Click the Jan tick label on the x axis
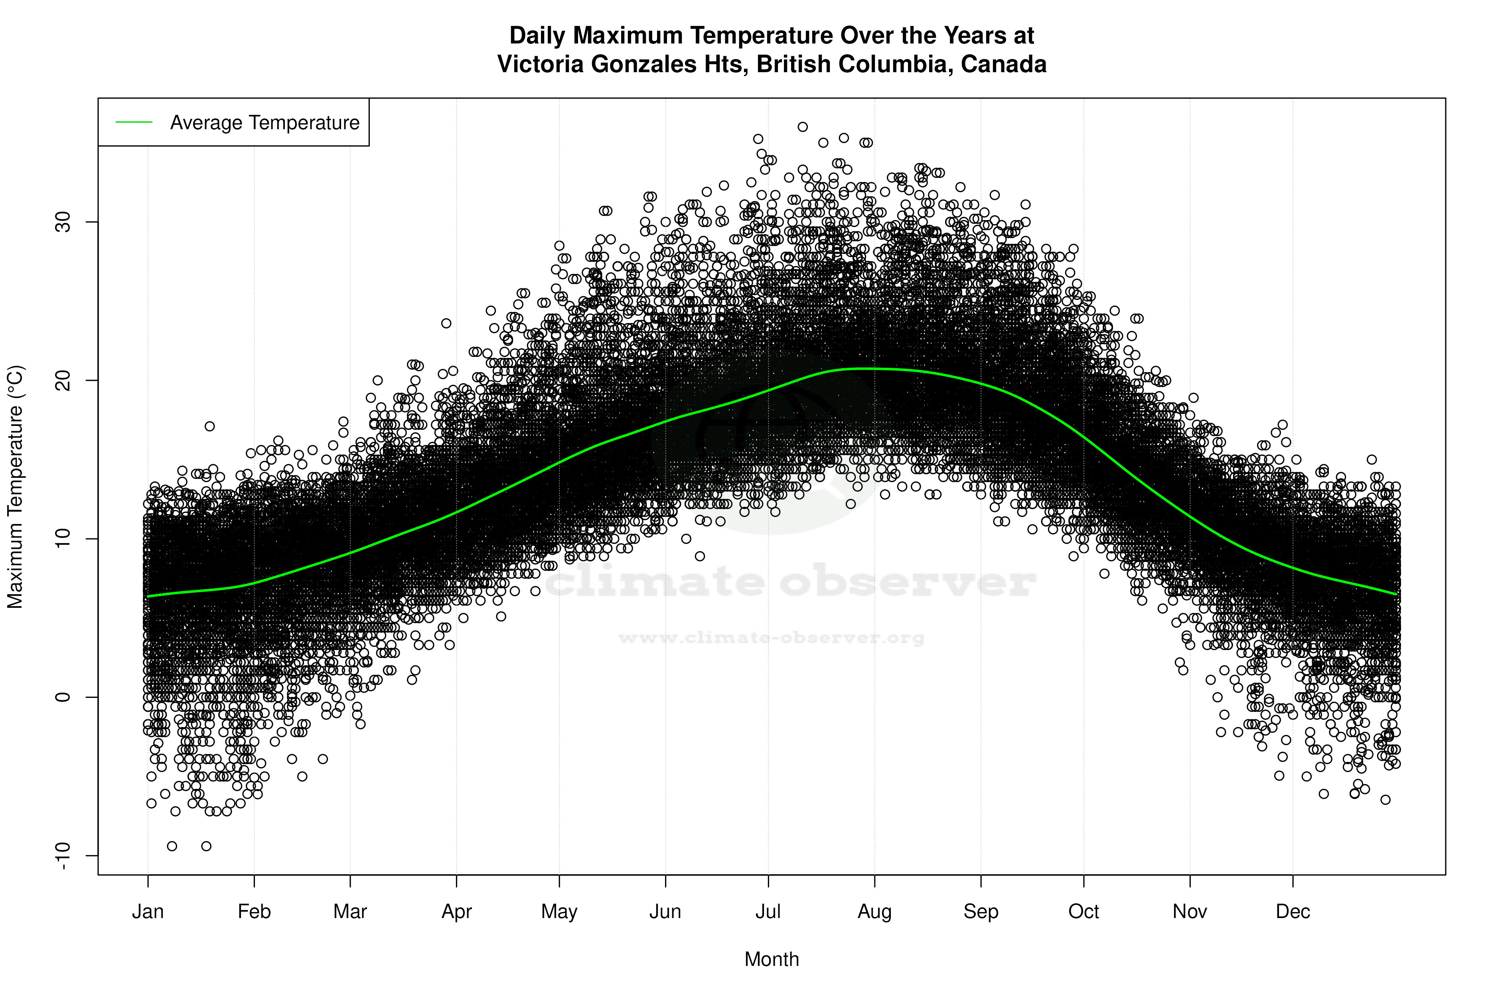[x=148, y=911]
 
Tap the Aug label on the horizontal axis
[x=874, y=911]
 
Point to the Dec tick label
[x=1293, y=911]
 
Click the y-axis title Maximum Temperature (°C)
[x=15, y=487]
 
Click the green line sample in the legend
[x=134, y=122]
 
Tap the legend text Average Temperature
[x=264, y=122]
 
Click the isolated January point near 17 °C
[x=210, y=426]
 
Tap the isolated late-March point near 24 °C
[x=446, y=323]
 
